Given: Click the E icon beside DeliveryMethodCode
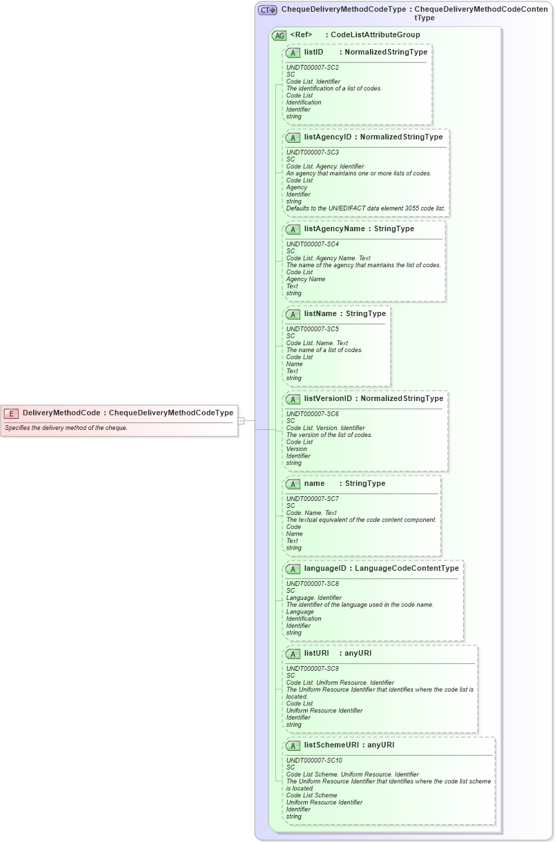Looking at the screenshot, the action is pyautogui.click(x=11, y=413).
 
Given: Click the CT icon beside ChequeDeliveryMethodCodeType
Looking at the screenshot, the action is pyautogui.click(x=267, y=10).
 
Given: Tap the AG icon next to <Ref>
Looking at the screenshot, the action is pyautogui.click(x=279, y=35).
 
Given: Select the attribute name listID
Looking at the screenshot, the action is pyautogui.click(x=313, y=52).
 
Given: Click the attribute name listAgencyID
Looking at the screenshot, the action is pyautogui.click(x=327, y=137).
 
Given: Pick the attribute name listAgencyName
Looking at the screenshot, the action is pyautogui.click(x=334, y=228).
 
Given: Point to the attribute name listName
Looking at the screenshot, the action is pyautogui.click(x=320, y=313).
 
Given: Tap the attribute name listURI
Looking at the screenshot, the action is pyautogui.click(x=317, y=653).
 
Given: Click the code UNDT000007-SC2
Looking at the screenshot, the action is pyautogui.click(x=313, y=68).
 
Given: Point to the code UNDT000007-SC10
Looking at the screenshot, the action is pyautogui.click(x=314, y=761).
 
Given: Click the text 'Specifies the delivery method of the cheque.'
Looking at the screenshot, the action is pyautogui.click(x=66, y=428).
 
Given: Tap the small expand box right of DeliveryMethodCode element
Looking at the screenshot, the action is pyautogui.click(x=241, y=420).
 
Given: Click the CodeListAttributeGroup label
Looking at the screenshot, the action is pyautogui.click(x=375, y=35).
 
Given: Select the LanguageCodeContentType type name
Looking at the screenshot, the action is pyautogui.click(x=407, y=568).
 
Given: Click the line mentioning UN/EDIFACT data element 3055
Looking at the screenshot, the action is pyautogui.click(x=366, y=208).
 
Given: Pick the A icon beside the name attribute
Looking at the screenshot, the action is pyautogui.click(x=293, y=484).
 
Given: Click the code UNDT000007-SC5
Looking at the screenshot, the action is pyautogui.click(x=313, y=329).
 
